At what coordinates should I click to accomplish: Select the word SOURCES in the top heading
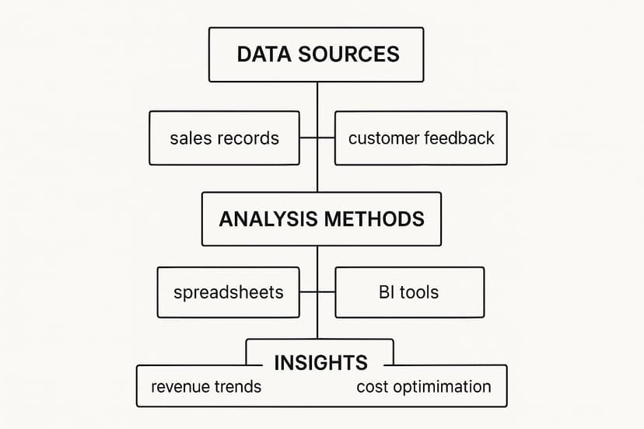(x=348, y=54)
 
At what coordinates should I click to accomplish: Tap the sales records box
(x=224, y=138)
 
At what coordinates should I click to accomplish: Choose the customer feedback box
(x=421, y=138)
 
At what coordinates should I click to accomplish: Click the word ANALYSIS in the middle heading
(x=268, y=219)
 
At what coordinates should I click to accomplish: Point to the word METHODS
(x=374, y=219)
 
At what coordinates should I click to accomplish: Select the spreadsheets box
(x=229, y=292)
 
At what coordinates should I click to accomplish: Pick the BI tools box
(x=410, y=292)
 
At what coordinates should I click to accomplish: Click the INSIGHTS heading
(x=320, y=362)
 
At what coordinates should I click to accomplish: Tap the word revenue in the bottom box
(x=180, y=387)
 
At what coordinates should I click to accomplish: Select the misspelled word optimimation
(x=439, y=387)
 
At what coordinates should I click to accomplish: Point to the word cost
(x=369, y=387)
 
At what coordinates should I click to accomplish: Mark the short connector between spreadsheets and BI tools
(x=317, y=292)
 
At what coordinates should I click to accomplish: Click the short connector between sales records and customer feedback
(x=317, y=138)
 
